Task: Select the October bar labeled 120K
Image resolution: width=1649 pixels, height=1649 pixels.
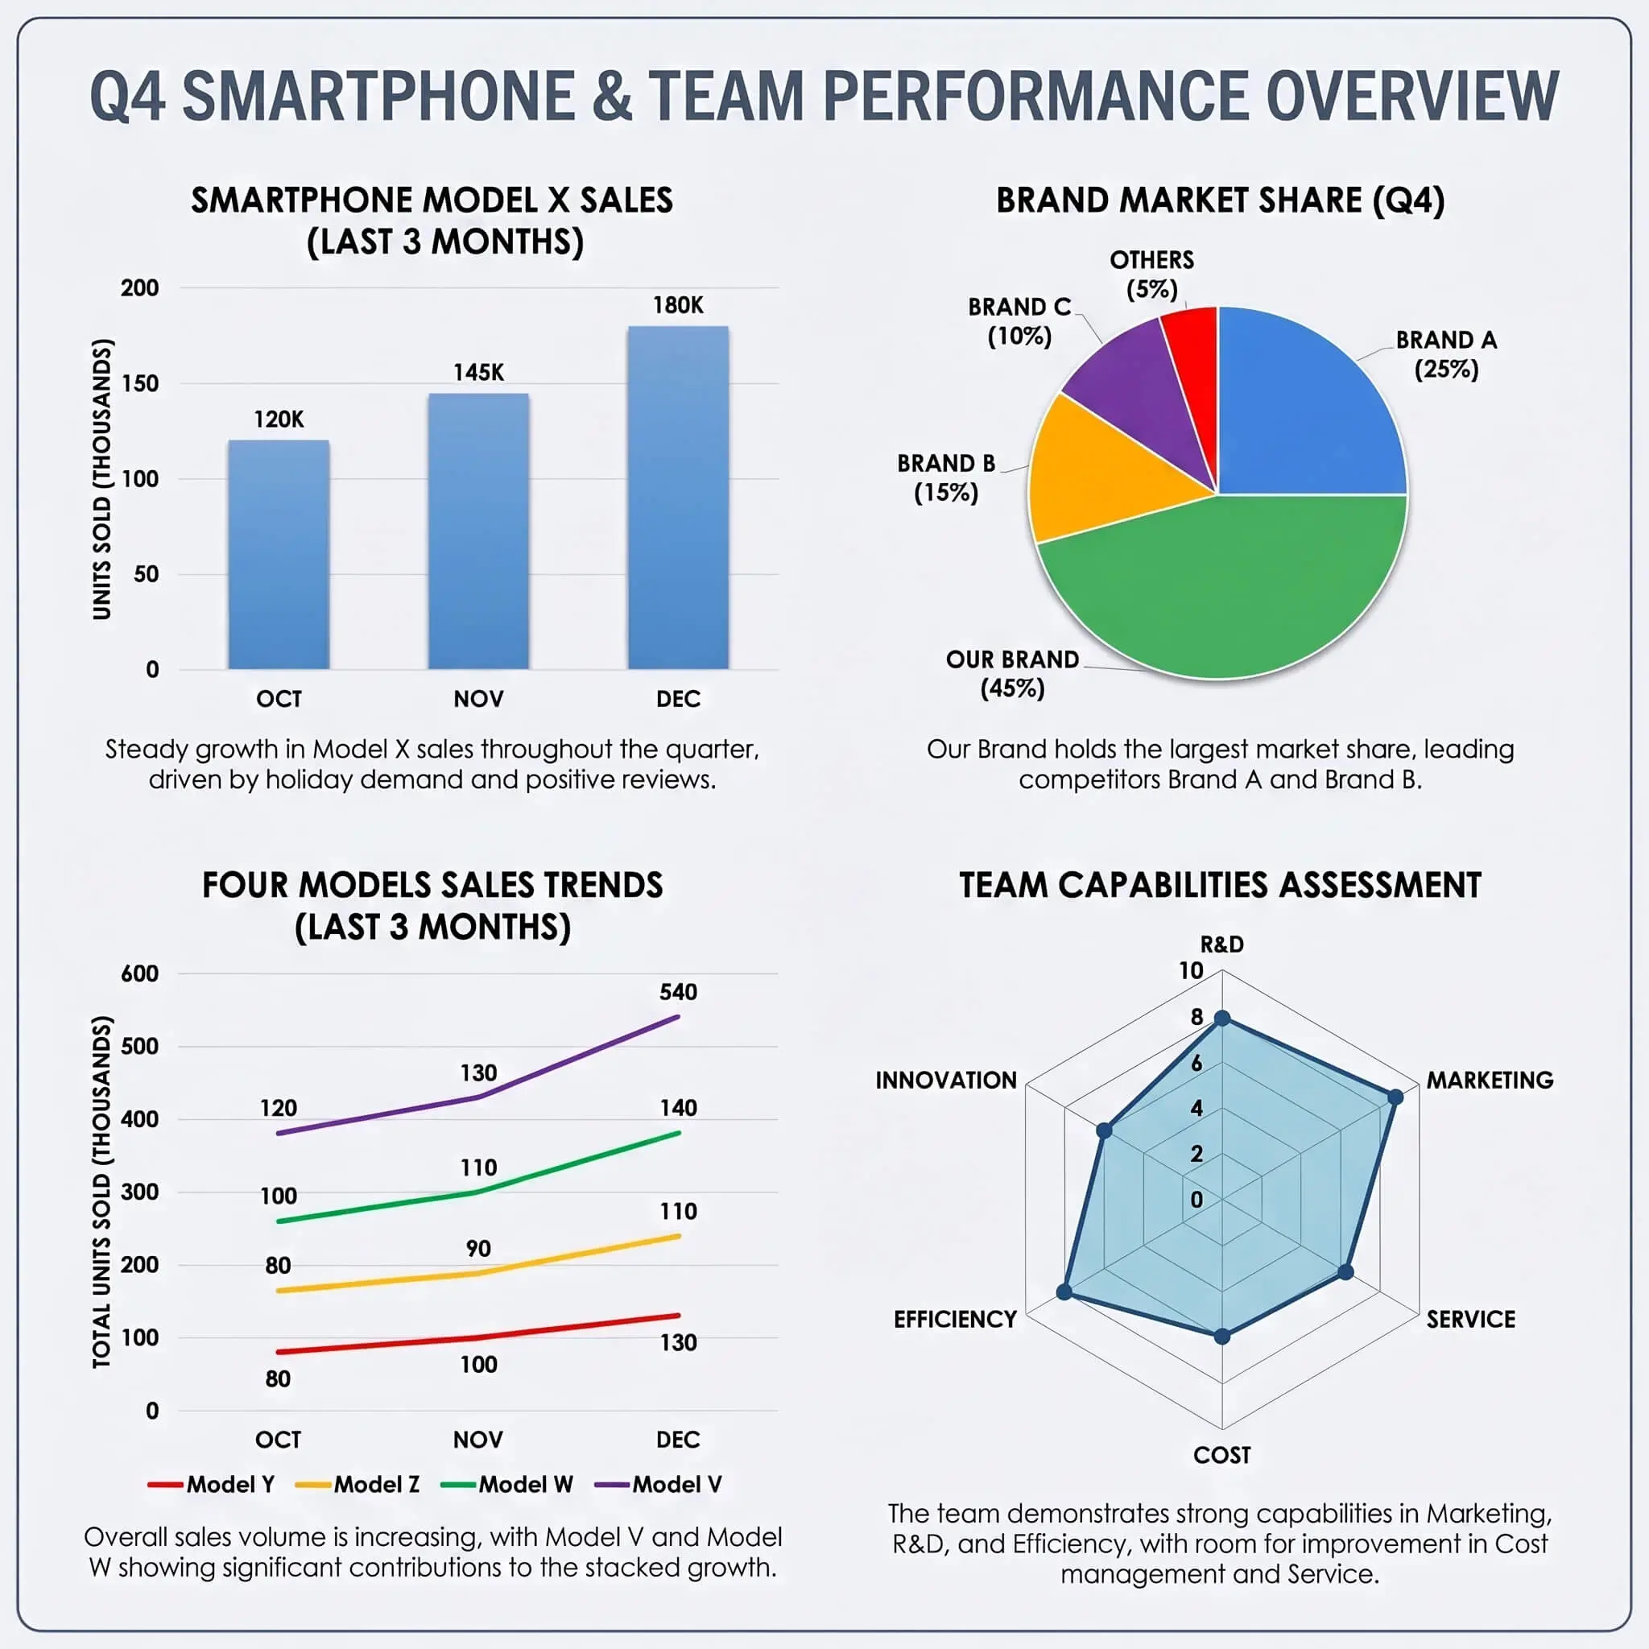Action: point(279,554)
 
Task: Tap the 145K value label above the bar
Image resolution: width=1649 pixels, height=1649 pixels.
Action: point(478,372)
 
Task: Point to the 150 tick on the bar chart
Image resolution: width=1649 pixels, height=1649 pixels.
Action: point(140,383)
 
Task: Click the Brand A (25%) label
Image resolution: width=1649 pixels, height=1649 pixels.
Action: point(1446,354)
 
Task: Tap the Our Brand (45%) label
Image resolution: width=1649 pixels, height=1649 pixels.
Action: point(1012,673)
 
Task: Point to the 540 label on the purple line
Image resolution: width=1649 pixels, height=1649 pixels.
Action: point(678,992)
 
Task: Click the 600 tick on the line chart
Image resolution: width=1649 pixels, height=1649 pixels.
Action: point(140,974)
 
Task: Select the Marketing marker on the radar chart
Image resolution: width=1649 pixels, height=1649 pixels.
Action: point(1395,1097)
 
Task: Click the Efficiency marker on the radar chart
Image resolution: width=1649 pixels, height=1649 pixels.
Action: point(1064,1292)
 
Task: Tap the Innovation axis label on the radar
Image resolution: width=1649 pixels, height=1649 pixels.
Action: point(946,1081)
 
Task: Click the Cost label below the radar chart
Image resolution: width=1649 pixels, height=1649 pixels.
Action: point(1221,1455)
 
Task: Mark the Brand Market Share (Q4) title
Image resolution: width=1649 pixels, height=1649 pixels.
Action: point(1220,200)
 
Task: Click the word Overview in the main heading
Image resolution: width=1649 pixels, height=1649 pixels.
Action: point(1411,96)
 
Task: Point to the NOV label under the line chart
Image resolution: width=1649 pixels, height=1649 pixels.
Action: point(478,1440)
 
